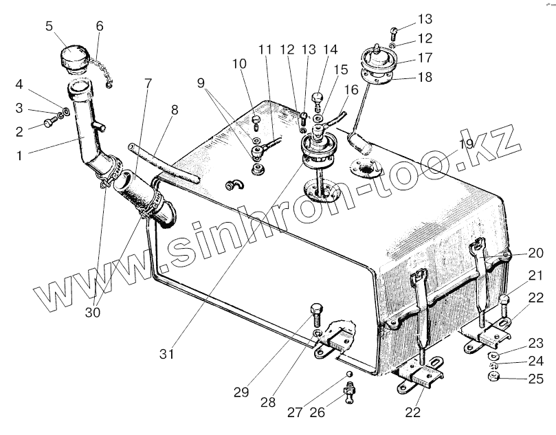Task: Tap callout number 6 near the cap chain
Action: [x=100, y=26]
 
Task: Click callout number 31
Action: [x=168, y=355]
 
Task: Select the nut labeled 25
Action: [x=492, y=379]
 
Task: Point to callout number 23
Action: [x=536, y=342]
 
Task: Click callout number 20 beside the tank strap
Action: [x=536, y=252]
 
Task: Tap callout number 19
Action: [x=467, y=144]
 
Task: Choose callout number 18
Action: [x=425, y=78]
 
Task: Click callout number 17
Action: [x=425, y=58]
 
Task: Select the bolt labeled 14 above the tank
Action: [x=317, y=99]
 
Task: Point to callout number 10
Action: [x=239, y=64]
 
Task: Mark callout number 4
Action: [x=20, y=85]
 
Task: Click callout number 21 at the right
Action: [x=536, y=276]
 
